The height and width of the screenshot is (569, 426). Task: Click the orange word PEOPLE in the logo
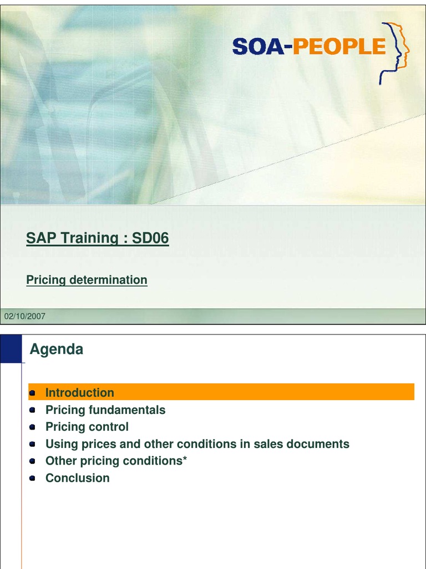click(339, 47)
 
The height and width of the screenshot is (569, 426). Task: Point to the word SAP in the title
click(40, 238)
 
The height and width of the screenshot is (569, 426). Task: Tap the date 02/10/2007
click(25, 316)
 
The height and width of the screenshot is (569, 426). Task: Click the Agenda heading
click(56, 350)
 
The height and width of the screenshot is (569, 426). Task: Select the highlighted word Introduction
click(79, 392)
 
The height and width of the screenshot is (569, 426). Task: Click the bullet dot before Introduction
click(33, 393)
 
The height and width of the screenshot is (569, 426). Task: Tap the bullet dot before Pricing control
click(33, 427)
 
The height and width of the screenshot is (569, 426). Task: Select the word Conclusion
click(77, 478)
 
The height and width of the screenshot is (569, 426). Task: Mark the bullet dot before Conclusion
click(33, 478)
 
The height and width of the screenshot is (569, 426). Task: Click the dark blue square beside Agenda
click(11, 348)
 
